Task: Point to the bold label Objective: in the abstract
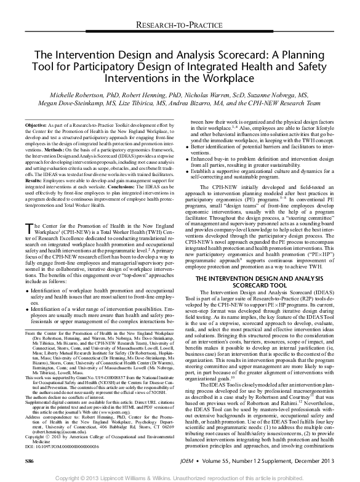(43, 124)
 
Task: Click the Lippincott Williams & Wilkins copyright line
(180, 475)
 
